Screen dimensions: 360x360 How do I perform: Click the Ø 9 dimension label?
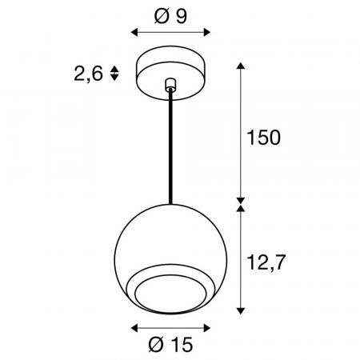point(170,16)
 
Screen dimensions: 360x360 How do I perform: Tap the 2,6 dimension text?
point(88,74)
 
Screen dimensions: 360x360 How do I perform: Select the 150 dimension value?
point(264,138)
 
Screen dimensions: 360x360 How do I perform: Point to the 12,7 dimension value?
point(266,262)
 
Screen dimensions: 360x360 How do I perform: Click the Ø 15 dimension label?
point(170,345)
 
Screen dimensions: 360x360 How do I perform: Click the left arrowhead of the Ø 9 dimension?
point(134,33)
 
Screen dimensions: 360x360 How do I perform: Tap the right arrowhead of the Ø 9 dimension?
point(207,33)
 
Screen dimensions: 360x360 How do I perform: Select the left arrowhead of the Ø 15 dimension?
point(134,328)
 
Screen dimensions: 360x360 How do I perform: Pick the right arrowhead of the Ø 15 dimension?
point(207,328)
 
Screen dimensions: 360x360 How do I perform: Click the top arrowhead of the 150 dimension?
point(241,66)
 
